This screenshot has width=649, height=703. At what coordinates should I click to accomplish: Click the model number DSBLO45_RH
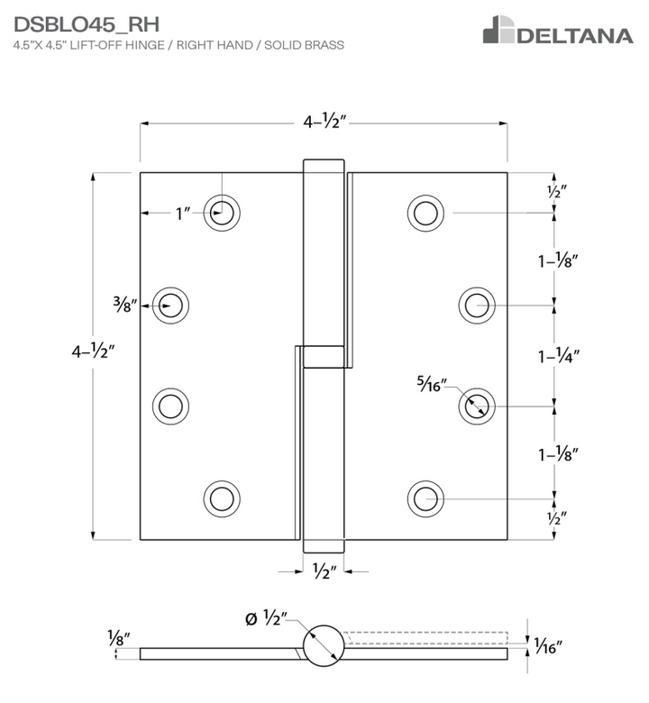[x=87, y=23]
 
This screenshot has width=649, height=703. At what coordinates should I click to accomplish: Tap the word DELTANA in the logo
[x=574, y=35]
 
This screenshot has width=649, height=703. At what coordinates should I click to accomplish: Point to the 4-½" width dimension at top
[x=323, y=123]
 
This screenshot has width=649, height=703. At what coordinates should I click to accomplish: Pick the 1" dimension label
[x=184, y=214]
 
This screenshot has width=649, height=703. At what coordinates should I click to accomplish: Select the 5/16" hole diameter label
[x=432, y=382]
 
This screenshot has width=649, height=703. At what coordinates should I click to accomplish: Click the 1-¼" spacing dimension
[x=557, y=355]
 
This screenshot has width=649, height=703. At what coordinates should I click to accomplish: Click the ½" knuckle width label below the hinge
[x=324, y=571]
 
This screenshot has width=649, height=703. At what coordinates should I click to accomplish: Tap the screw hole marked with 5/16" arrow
[x=476, y=406]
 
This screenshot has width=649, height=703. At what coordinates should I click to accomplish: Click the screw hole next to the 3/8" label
[x=170, y=306]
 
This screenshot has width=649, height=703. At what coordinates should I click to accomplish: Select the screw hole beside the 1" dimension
[x=222, y=214]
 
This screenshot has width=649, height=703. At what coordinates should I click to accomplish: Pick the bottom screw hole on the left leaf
[x=222, y=497]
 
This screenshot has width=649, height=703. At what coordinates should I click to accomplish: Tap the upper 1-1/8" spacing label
[x=557, y=261]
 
